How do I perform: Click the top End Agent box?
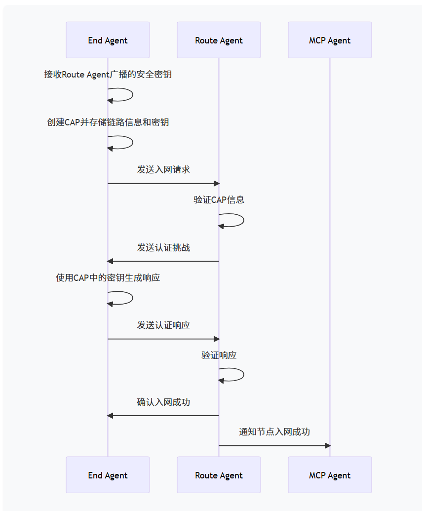point(108,40)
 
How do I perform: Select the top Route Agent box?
point(219,40)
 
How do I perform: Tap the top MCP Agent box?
point(330,40)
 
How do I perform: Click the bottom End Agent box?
point(108,475)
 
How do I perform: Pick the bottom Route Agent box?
point(219,475)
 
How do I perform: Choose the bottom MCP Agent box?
point(330,475)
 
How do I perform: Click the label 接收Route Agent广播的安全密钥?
point(108,75)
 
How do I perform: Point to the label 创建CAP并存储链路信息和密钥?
point(108,122)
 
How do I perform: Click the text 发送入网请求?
point(163,170)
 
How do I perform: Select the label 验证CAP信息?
point(219,200)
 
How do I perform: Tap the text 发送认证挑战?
point(163,248)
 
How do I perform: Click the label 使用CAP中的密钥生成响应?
point(108,278)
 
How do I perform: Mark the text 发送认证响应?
point(163,325)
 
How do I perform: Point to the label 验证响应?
point(219,355)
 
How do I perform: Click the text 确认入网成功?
point(163,402)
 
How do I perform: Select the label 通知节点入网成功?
point(274,432)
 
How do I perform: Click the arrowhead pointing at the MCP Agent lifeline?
point(327,446)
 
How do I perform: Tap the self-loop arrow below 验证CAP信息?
point(237,220)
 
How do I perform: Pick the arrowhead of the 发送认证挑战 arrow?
point(111,261)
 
